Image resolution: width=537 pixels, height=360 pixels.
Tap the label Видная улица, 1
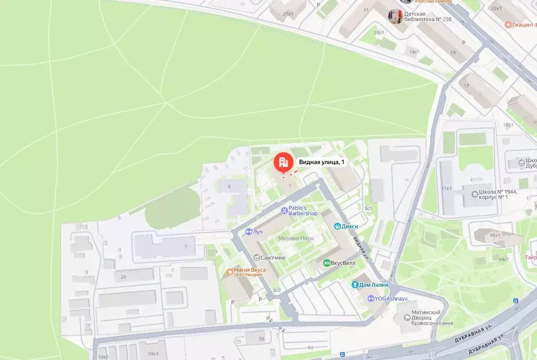pos(322,162)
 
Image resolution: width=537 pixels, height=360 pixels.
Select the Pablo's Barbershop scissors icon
pos(284,210)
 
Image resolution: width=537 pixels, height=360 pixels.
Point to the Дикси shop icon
pos(339,226)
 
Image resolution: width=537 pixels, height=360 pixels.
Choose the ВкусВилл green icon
pos(327,263)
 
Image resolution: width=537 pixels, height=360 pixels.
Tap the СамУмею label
pos(266,257)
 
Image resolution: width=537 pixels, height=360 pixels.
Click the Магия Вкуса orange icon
pos(229,271)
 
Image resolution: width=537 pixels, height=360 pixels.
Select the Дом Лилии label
pos(374,285)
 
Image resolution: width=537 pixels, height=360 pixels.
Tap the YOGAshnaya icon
pos(371,299)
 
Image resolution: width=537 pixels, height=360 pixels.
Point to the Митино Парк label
pos(296,238)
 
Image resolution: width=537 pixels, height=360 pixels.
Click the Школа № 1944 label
pos(498,194)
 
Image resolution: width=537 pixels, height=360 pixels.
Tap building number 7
pos(185,246)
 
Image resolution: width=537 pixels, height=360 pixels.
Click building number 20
pos(123,277)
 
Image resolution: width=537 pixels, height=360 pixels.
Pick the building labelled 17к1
pos(447,188)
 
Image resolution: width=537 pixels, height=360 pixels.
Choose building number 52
pos(310,347)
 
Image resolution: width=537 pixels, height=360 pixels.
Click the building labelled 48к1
pos(495,235)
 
